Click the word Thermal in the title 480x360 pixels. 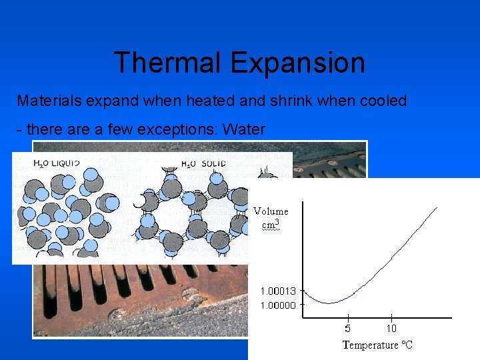tap(168, 63)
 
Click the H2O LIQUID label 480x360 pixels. tap(57, 163)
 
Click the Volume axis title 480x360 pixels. tap(271, 211)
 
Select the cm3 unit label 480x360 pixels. tap(270, 224)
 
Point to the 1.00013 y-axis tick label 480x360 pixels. tap(278, 291)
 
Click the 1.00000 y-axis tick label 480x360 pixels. tap(278, 305)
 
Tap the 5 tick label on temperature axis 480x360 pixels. tap(347, 328)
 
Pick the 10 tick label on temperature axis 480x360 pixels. tap(391, 328)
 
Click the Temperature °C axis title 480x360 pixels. tap(377, 345)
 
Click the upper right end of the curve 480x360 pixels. tap(437, 207)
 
